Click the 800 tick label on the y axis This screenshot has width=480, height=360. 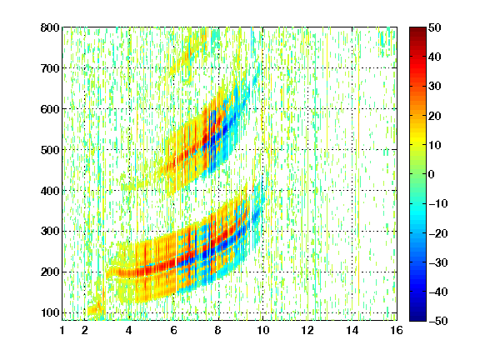(50, 27)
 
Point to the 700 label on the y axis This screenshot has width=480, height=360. (50, 68)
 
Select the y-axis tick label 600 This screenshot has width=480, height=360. (50, 109)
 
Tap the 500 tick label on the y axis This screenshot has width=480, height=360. (50, 150)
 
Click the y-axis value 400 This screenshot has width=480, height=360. (50, 191)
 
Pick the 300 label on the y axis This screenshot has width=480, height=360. (50, 231)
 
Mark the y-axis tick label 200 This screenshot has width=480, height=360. (50, 272)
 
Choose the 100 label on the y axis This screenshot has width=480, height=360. (50, 312)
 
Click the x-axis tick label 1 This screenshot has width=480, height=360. (62, 330)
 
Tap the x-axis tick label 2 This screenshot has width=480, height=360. (85, 330)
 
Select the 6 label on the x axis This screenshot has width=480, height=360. (173, 330)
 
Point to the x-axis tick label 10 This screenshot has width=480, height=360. (262, 330)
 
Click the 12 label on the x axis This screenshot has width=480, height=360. (307, 330)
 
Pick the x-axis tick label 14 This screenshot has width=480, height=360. (352, 330)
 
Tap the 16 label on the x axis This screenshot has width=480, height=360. (397, 330)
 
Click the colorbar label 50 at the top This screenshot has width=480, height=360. (435, 27)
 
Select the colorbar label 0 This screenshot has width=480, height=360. (432, 174)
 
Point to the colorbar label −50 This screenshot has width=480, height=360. (438, 321)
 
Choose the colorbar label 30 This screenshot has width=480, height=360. (435, 86)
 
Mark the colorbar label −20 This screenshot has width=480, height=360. (438, 233)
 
